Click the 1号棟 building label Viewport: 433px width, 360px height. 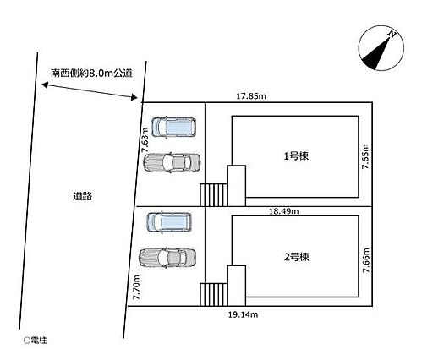(x=296, y=155)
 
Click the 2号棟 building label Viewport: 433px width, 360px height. (x=296, y=257)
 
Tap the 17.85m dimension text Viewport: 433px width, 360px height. (x=251, y=96)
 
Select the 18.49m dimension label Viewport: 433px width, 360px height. (x=284, y=211)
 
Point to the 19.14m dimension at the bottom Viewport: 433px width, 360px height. (x=243, y=314)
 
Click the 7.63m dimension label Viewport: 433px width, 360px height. (x=145, y=139)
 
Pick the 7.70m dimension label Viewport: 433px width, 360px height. (x=136, y=287)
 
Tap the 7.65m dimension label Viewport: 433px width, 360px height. (x=365, y=156)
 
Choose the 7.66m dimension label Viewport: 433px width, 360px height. (x=366, y=260)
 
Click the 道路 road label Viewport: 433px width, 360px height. (x=83, y=196)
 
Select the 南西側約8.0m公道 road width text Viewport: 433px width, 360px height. (x=91, y=74)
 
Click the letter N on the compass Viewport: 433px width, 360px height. (x=392, y=35)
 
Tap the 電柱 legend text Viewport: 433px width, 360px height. (x=39, y=341)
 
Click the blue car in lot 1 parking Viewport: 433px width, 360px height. (x=174, y=128)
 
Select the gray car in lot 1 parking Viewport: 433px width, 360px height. (x=172, y=163)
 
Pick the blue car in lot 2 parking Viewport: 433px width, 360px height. (x=169, y=222)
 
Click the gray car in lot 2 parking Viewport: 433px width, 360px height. (x=167, y=258)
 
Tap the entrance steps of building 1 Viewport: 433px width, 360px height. (x=214, y=195)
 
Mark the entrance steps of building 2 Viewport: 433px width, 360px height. (x=214, y=295)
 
